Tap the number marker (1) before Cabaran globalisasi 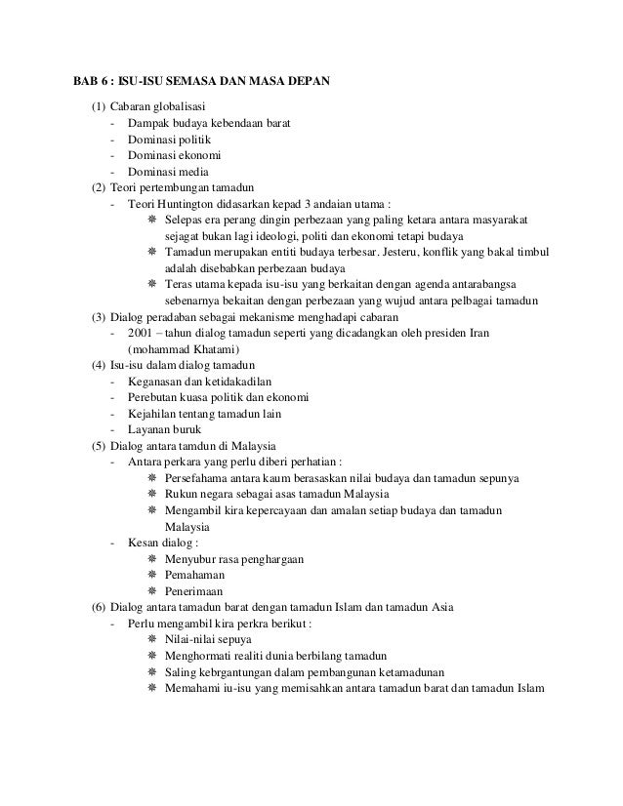[x=98, y=105]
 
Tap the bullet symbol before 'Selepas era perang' [x=151, y=221]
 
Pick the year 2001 [x=141, y=335]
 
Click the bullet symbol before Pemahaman [x=151, y=575]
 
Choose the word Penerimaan [x=194, y=591]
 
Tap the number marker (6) [x=98, y=608]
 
